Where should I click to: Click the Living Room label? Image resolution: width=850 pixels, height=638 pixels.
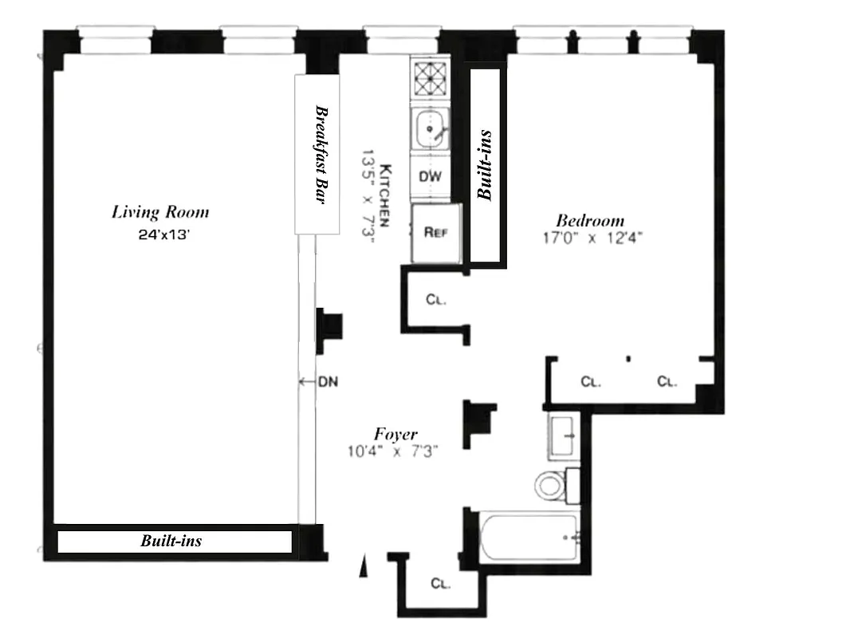[x=160, y=212]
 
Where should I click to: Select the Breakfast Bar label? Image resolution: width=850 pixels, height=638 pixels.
[x=320, y=155]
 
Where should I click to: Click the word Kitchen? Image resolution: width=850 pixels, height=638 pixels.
[x=384, y=196]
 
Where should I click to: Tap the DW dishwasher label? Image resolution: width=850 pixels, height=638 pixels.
[x=430, y=177]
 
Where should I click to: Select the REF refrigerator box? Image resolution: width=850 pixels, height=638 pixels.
[x=435, y=233]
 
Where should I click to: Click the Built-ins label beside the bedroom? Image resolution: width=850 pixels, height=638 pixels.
[x=485, y=165]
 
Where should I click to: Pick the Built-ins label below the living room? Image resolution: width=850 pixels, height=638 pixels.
[x=171, y=542]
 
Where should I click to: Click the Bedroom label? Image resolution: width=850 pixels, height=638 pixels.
[x=590, y=221]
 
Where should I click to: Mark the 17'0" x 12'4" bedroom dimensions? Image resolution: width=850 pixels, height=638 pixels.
[x=590, y=237]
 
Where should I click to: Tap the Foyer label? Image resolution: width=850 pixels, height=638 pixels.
[x=395, y=435]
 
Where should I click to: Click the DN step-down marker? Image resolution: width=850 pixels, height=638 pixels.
[x=328, y=382]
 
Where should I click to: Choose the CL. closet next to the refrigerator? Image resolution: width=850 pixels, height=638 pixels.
[x=435, y=301]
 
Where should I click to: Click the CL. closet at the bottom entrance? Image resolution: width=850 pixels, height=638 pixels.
[x=441, y=584]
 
